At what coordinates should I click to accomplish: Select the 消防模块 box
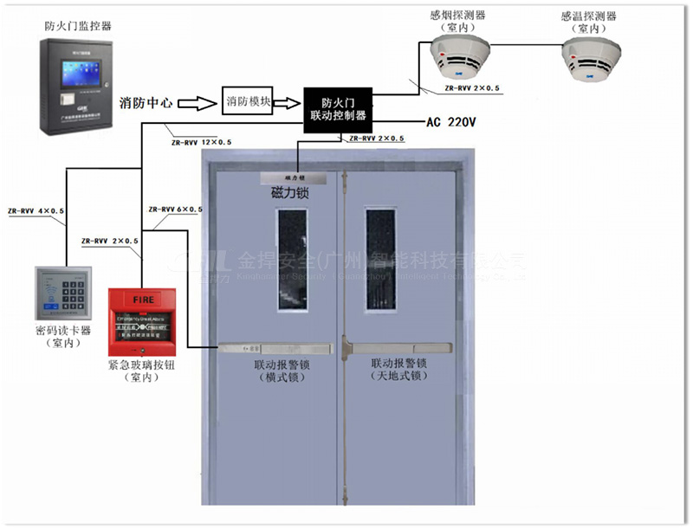(249, 101)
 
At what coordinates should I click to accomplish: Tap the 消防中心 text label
(146, 103)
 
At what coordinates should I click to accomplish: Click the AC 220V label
(450, 123)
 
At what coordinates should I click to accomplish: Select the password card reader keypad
(62, 294)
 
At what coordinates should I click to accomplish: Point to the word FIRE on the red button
(144, 300)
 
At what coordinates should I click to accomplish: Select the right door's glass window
(380, 259)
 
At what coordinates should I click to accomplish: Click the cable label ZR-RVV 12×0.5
(201, 141)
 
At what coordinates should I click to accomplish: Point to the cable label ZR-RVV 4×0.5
(36, 210)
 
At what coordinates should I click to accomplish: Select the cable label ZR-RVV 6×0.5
(176, 210)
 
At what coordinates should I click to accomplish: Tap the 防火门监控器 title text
(78, 26)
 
